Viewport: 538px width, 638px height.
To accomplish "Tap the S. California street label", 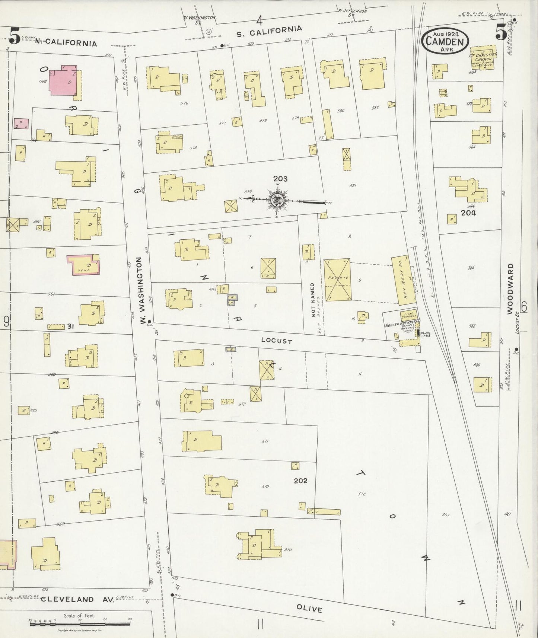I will pos(270,31).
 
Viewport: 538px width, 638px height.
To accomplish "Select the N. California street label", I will pos(66,42).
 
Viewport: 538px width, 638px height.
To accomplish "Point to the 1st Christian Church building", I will pos(483,58).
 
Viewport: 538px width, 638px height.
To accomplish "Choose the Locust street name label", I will pos(276,341).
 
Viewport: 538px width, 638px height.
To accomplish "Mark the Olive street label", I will pos(309,609).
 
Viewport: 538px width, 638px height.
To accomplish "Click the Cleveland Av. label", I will pos(67,599).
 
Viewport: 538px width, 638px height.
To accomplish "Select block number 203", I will pos(280,179).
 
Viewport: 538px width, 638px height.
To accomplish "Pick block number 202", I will pos(300,481).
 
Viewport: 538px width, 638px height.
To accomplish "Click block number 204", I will pos(468,213).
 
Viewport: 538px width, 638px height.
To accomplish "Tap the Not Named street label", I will pos(313,300).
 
